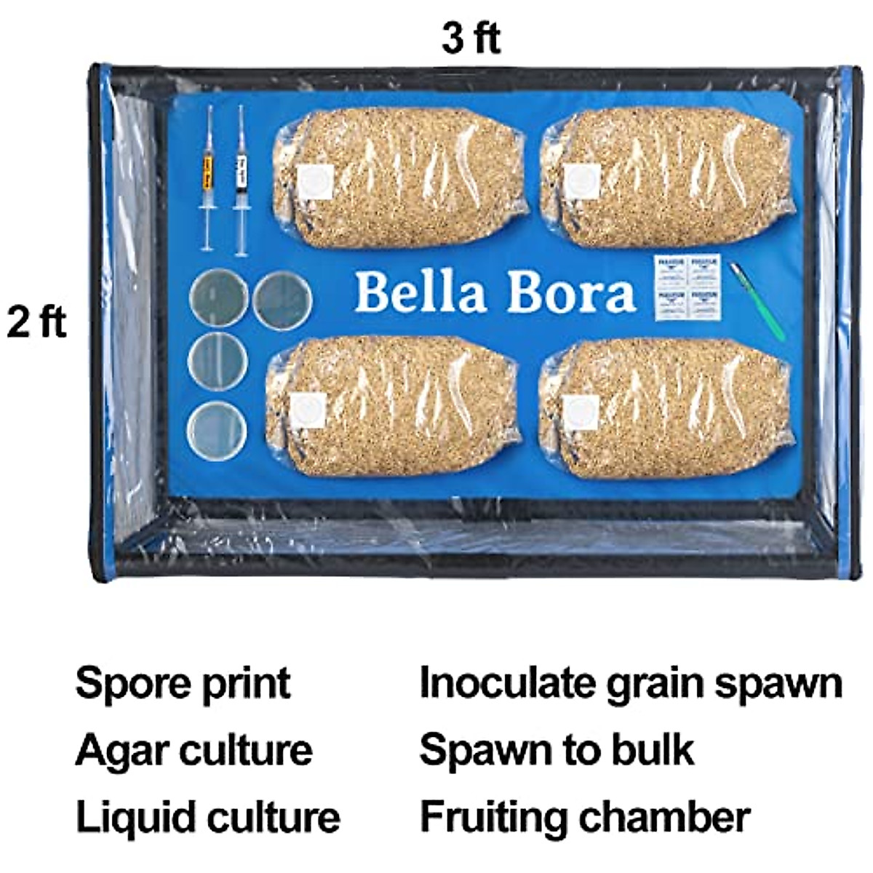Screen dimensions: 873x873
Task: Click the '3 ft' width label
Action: pyautogui.click(x=471, y=38)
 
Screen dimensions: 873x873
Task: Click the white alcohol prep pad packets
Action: pyautogui.click(x=687, y=287)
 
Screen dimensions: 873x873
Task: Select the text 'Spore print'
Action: pyautogui.click(x=183, y=683)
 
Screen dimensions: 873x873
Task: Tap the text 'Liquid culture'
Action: pyautogui.click(x=207, y=817)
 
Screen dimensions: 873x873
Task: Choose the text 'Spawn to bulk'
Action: pyautogui.click(x=557, y=750)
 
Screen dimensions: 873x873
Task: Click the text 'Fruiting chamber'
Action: pyautogui.click(x=584, y=817)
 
